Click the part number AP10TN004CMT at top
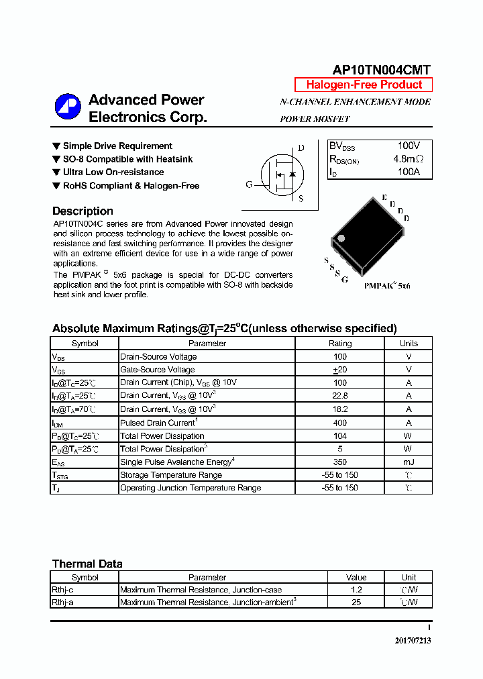point(382,70)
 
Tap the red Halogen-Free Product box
point(364,85)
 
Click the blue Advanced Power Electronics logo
point(67,108)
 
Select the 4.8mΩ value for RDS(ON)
point(408,159)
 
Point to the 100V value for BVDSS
point(408,146)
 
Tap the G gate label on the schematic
point(249,185)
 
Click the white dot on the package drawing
point(341,238)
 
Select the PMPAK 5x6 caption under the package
point(387,285)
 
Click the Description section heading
point(83,211)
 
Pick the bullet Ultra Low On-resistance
point(113,172)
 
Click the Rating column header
point(339,343)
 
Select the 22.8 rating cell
point(339,396)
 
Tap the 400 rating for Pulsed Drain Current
point(339,423)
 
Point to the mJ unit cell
point(408,462)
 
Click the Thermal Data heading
point(87,564)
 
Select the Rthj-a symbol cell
point(62,603)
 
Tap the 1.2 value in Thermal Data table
point(356,590)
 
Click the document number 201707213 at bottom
point(413,641)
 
